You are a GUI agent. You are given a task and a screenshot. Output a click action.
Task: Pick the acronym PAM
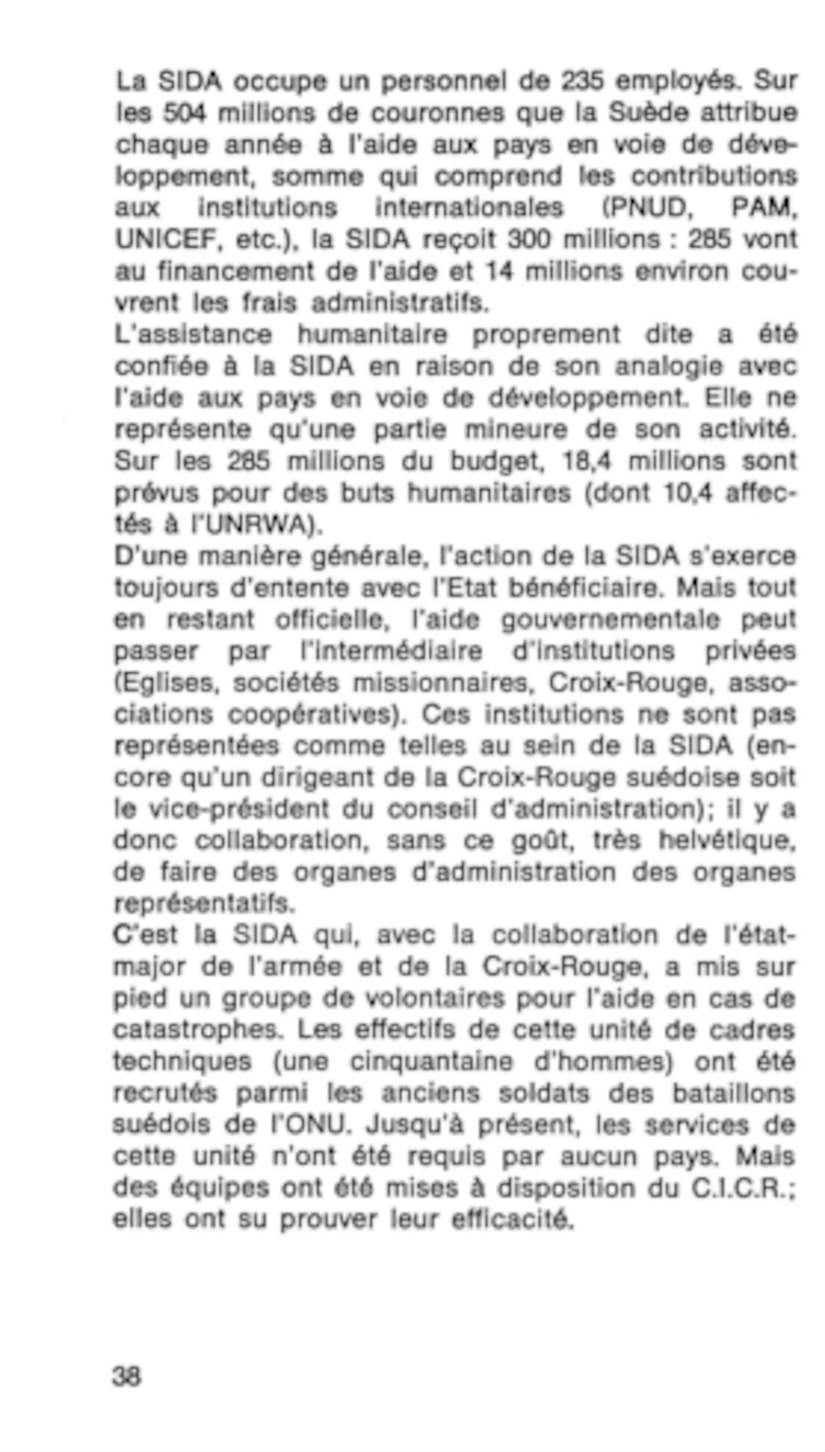pos(762,208)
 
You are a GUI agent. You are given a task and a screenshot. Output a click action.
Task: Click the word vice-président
pos(238,809)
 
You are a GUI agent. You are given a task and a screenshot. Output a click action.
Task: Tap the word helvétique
pos(727,841)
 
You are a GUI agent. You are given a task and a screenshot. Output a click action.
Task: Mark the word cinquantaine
pos(431,1061)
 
